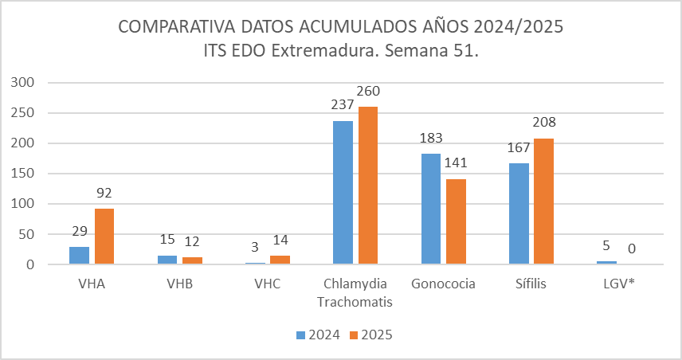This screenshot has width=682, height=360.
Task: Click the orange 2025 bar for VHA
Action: point(104,237)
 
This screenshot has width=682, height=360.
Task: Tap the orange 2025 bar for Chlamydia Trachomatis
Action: point(367,185)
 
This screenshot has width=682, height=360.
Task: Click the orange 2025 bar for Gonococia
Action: point(455,221)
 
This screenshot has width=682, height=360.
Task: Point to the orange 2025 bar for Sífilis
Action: point(543,201)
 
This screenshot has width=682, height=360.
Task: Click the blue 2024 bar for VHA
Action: point(80,255)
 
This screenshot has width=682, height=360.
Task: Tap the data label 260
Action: point(367,90)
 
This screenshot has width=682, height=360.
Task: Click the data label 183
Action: point(430,137)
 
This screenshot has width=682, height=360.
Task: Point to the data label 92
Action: point(104,192)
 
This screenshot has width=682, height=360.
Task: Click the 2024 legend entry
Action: point(318,335)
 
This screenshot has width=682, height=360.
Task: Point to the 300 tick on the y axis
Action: point(22,83)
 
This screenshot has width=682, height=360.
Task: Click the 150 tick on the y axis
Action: point(22,174)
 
